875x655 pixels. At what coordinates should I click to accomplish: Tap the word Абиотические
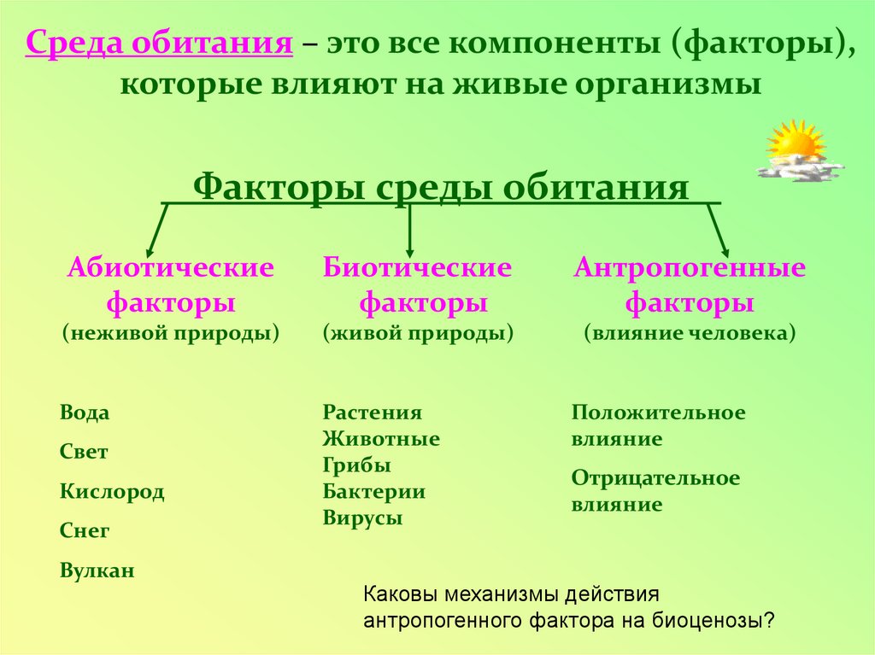(x=171, y=268)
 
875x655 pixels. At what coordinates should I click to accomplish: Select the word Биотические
(x=417, y=268)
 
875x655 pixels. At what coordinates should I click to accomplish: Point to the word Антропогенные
(x=690, y=268)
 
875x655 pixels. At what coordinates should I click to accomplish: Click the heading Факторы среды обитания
(x=441, y=186)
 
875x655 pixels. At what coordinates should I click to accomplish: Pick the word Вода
(x=85, y=413)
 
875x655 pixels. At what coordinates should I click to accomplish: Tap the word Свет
(x=84, y=453)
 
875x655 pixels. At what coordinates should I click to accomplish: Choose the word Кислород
(x=112, y=492)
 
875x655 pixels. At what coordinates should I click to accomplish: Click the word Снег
(x=85, y=531)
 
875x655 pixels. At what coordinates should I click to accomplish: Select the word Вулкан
(x=97, y=570)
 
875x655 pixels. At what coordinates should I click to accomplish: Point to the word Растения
(x=373, y=413)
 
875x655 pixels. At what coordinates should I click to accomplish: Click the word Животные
(x=381, y=440)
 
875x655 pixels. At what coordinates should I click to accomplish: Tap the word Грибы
(x=357, y=466)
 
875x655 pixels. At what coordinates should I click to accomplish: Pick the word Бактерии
(x=374, y=492)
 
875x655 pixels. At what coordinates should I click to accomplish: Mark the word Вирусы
(x=363, y=518)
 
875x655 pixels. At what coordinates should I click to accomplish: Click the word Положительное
(x=658, y=413)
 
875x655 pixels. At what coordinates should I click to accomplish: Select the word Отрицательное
(x=655, y=478)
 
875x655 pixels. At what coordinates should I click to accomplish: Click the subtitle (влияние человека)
(x=690, y=332)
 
